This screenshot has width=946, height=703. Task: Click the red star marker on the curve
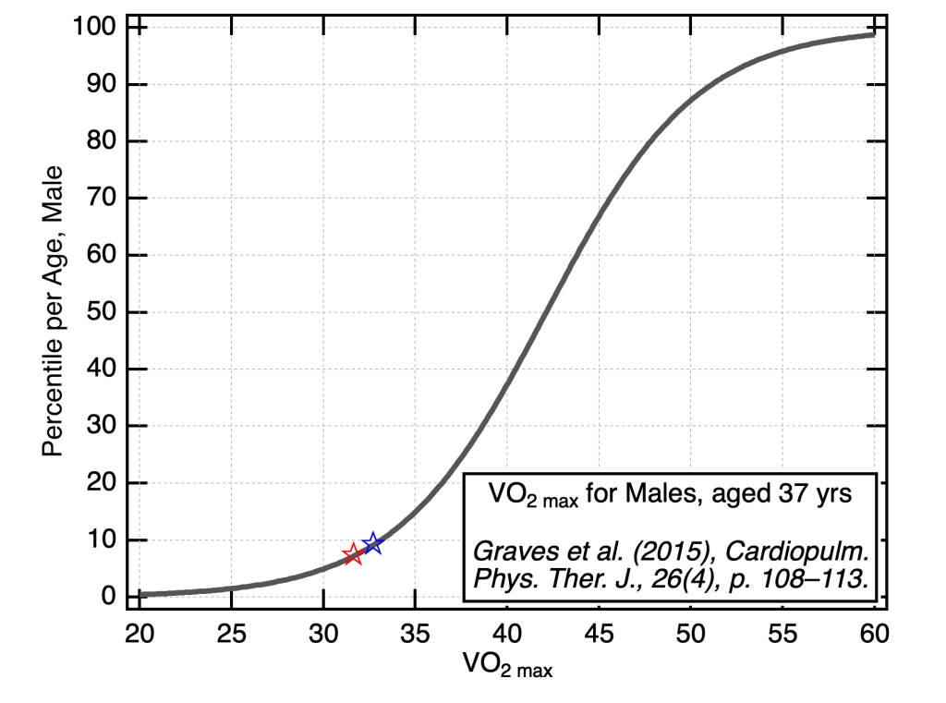pyautogui.click(x=352, y=554)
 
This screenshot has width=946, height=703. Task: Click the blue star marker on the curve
pyautogui.click(x=372, y=543)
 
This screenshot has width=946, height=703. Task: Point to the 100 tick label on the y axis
pyautogui.click(x=97, y=27)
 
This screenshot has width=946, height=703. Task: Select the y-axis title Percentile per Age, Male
pyautogui.click(x=55, y=311)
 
